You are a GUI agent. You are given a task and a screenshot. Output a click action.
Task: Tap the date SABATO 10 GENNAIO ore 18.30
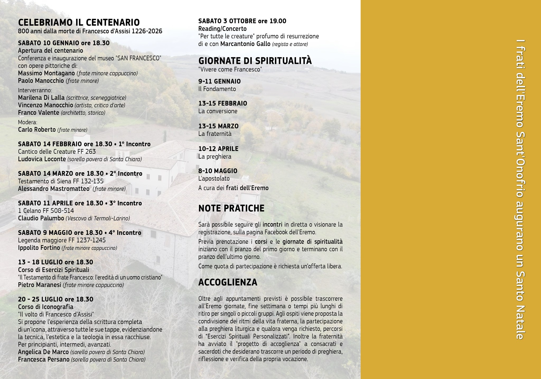coord(64,43)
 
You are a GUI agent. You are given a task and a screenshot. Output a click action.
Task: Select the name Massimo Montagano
coord(46,73)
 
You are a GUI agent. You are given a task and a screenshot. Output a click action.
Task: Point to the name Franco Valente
coord(39,113)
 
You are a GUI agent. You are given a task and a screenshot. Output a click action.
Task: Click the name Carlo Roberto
coord(37,130)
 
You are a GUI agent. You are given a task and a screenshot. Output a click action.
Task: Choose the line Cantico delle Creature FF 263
coord(57,152)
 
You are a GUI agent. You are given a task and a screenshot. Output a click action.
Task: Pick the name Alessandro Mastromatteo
coord(54,189)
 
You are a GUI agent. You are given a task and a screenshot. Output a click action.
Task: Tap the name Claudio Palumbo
coord(41,218)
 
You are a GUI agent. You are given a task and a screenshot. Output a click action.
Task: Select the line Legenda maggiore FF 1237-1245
coord(62,240)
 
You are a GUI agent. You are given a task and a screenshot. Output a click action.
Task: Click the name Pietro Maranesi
coord(40,285)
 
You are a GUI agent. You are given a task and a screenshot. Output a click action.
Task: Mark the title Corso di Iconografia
coord(46,307)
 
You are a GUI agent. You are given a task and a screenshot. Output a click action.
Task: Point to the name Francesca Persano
coord(44,359)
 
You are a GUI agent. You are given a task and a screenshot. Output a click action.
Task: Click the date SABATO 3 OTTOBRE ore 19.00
coord(242,21)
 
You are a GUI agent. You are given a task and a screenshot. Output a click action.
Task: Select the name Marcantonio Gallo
coord(245,44)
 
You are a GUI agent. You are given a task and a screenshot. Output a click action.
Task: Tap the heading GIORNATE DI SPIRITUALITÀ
coord(255,61)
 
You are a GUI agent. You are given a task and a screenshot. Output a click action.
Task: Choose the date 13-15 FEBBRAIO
coord(223,103)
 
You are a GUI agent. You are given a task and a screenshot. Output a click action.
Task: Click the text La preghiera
coord(215,156)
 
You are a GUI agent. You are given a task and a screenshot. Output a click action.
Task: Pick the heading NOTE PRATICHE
coord(231,208)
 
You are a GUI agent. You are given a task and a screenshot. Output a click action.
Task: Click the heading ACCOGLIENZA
coord(228,282)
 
